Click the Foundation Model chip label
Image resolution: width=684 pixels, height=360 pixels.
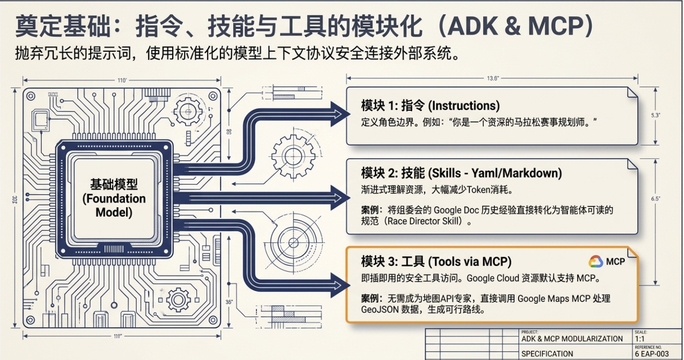(x=114, y=198)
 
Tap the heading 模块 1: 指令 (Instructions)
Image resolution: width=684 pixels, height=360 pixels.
(x=430, y=106)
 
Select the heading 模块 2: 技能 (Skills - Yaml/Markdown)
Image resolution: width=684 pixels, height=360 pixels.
(x=462, y=173)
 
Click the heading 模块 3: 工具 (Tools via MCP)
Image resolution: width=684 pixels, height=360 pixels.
(x=436, y=262)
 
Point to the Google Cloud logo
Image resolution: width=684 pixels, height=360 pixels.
(x=596, y=262)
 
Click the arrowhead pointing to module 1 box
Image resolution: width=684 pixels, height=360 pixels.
(x=340, y=114)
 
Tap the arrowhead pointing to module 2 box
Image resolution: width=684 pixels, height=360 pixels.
(x=340, y=198)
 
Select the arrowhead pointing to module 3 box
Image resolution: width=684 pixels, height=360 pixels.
(x=340, y=285)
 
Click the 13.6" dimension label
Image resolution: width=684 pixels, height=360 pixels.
(x=493, y=78)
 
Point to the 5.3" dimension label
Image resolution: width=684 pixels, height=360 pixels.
(x=655, y=115)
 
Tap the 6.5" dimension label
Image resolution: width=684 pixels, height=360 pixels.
(x=655, y=199)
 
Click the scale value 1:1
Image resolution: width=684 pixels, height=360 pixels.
(x=640, y=339)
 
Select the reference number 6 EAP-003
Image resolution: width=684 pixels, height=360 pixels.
(x=652, y=354)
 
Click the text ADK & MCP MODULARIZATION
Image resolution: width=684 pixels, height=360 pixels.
(x=572, y=339)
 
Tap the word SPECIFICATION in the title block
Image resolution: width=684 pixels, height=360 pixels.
(x=547, y=354)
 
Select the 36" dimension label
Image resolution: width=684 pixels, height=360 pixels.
(x=229, y=302)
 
